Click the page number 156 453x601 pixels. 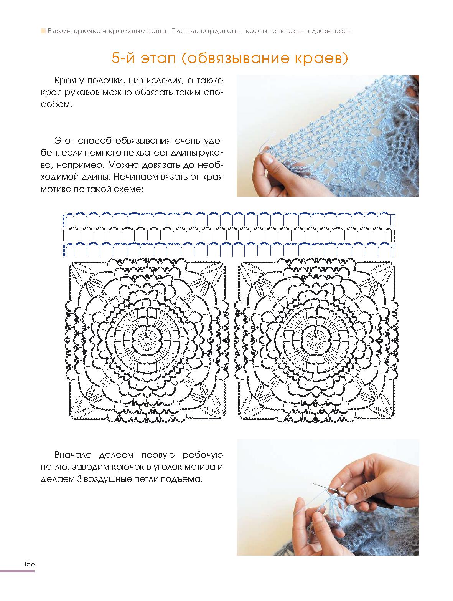click(x=29, y=564)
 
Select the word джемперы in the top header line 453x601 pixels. click(x=333, y=31)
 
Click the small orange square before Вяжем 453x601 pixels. click(x=43, y=31)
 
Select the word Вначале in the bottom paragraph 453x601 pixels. click(x=75, y=455)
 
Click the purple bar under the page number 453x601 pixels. click(x=17, y=571)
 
